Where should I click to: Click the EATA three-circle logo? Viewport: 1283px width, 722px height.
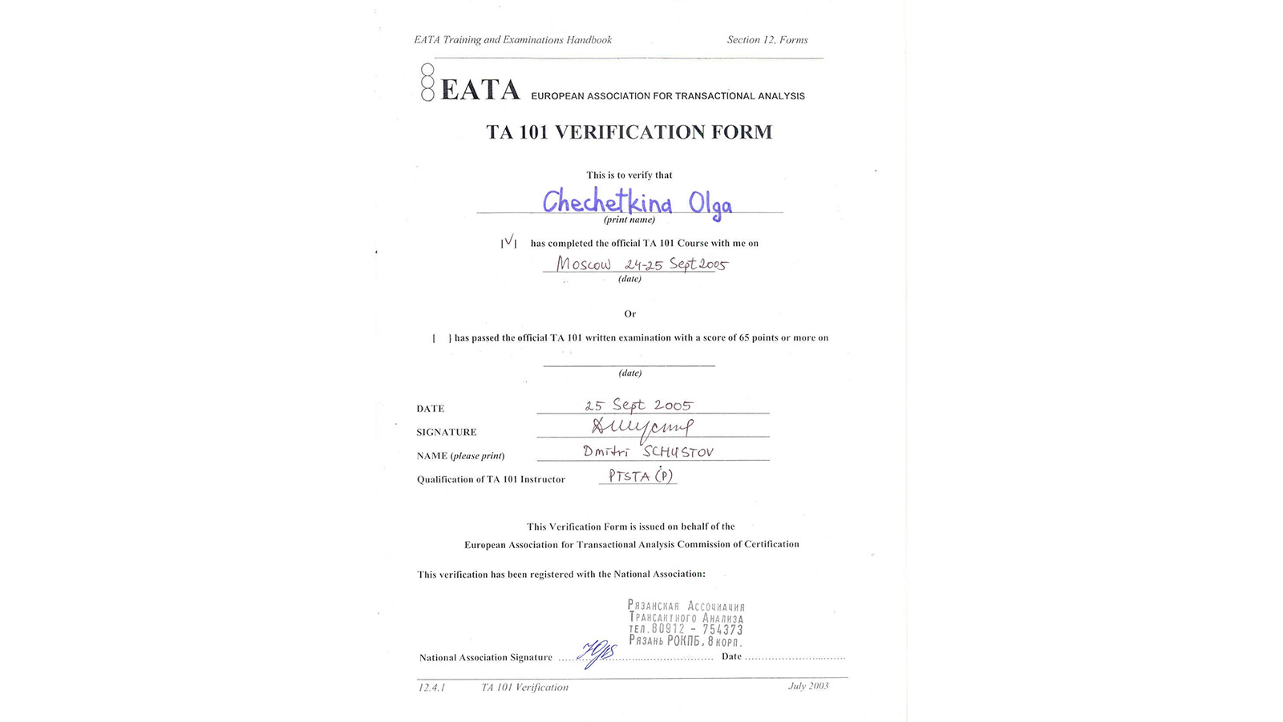point(427,83)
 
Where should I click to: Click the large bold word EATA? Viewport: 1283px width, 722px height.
point(480,90)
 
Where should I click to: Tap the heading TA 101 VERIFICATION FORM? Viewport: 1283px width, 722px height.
point(629,132)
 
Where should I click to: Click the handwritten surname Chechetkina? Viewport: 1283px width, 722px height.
point(607,202)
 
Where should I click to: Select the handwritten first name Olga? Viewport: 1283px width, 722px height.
point(710,204)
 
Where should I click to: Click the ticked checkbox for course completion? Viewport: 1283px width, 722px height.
point(508,242)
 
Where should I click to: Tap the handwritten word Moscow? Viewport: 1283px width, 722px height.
point(584,264)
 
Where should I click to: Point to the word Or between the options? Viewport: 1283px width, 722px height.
point(629,314)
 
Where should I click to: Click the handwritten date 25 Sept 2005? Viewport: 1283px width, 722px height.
point(638,405)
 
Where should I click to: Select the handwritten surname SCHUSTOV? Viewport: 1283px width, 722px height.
point(678,452)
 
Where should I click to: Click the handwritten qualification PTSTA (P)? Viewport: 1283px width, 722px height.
point(640,476)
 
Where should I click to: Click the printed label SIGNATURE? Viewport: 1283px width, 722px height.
point(446,433)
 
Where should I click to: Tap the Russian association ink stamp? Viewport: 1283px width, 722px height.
point(686,623)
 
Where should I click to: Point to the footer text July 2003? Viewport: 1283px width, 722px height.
point(807,686)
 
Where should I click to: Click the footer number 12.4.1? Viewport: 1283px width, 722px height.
point(431,688)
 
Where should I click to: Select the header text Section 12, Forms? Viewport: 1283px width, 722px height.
point(767,40)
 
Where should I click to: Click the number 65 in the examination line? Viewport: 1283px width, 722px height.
point(745,338)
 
